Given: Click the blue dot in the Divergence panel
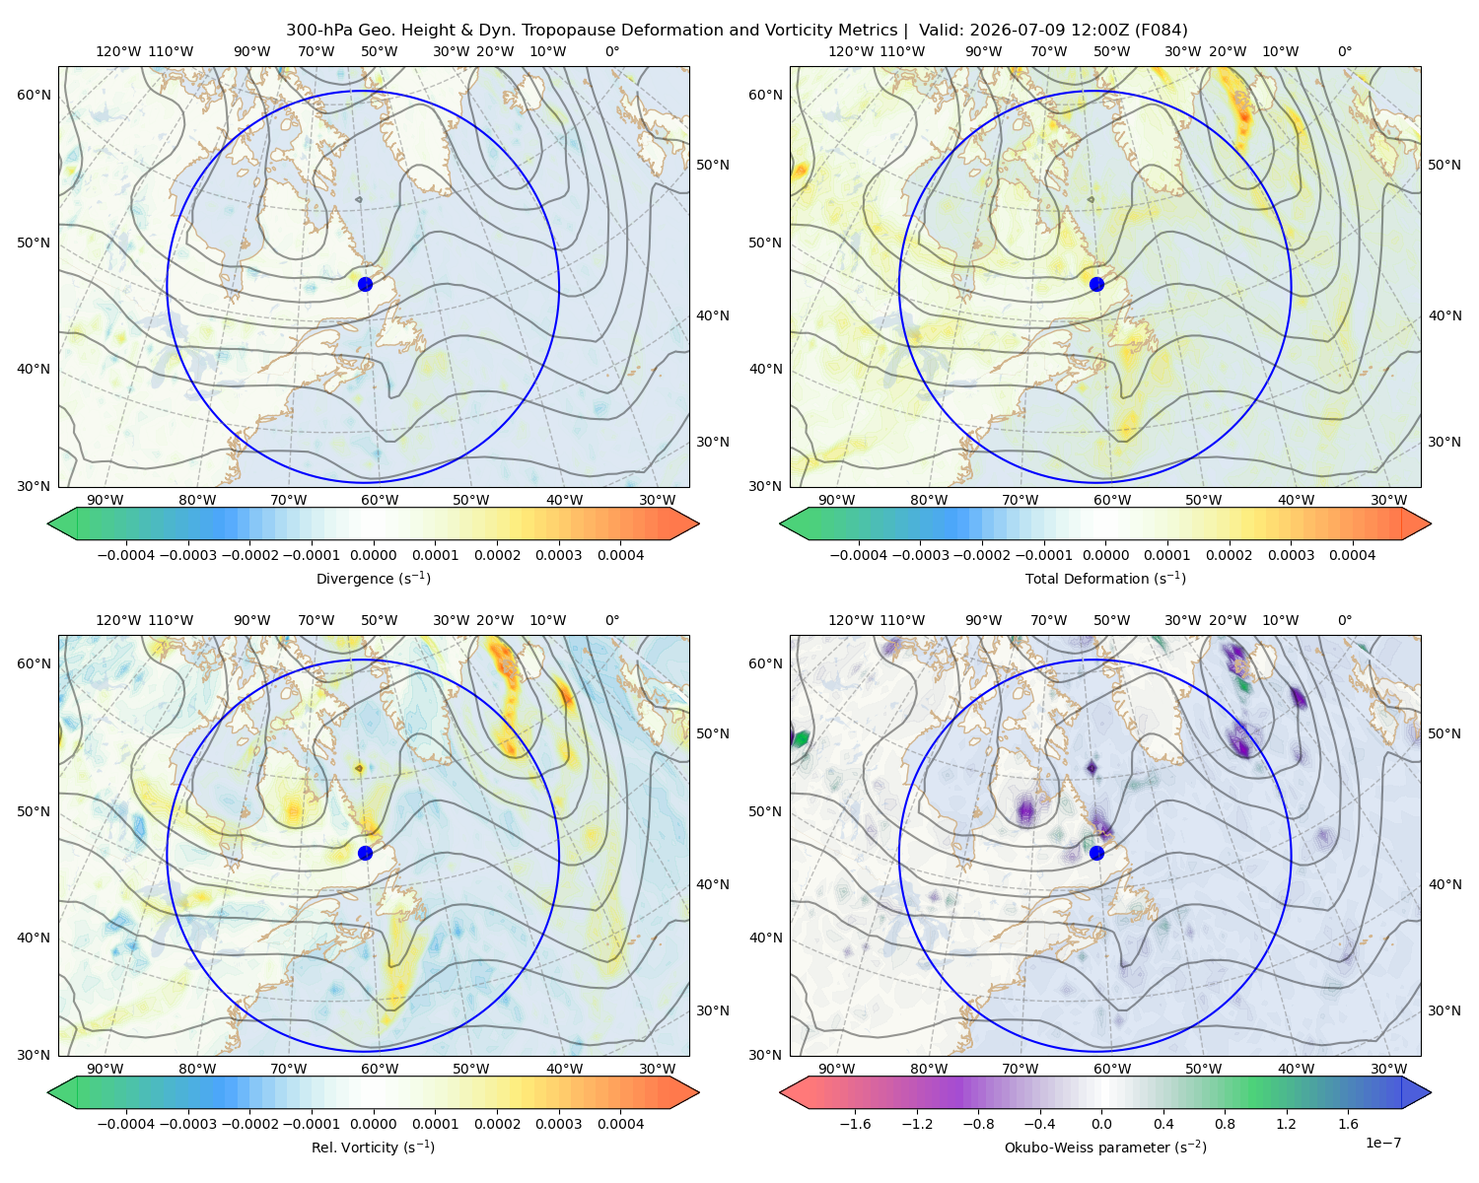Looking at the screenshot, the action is (x=365, y=284).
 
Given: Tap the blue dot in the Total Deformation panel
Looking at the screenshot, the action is (x=1096, y=284).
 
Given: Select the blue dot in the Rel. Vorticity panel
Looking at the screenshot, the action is (x=365, y=853).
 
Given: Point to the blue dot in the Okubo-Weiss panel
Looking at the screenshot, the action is (x=1096, y=853).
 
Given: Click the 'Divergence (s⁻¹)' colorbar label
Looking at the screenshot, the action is (x=373, y=578).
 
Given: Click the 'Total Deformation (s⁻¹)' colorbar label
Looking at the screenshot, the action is (x=1105, y=578).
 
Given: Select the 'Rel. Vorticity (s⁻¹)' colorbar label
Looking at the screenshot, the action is (x=373, y=1147).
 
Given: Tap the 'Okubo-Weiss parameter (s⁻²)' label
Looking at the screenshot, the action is (x=1105, y=1147).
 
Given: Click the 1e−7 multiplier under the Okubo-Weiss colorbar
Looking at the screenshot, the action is (x=1382, y=1143).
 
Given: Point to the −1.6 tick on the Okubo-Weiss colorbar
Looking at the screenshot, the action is (x=855, y=1124).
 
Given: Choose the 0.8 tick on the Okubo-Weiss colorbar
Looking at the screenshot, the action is (x=1225, y=1124).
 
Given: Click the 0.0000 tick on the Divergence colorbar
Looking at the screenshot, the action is (x=373, y=555).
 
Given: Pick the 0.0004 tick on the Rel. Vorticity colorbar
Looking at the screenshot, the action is (x=620, y=1124).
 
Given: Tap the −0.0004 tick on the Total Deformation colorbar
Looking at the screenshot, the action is (x=859, y=555).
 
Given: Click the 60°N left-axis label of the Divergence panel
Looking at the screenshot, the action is (x=34, y=95).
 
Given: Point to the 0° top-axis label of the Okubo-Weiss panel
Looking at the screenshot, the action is (x=1344, y=620).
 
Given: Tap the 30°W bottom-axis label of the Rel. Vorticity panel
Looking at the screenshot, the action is (x=657, y=1069).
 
